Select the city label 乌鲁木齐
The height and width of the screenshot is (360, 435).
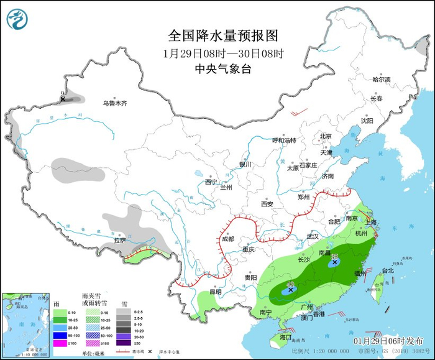click(x=115, y=103)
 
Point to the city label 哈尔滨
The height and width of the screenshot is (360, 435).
click(x=381, y=80)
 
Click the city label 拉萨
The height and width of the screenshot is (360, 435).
click(x=120, y=239)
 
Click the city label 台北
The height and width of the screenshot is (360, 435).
click(x=387, y=270)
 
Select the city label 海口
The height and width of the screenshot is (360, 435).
click(x=285, y=336)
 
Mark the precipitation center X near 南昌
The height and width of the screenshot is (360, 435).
click(x=335, y=262)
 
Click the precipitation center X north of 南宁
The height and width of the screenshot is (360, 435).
click(x=290, y=290)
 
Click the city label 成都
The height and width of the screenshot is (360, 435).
click(x=227, y=239)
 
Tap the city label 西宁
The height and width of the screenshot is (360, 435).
click(x=211, y=182)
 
